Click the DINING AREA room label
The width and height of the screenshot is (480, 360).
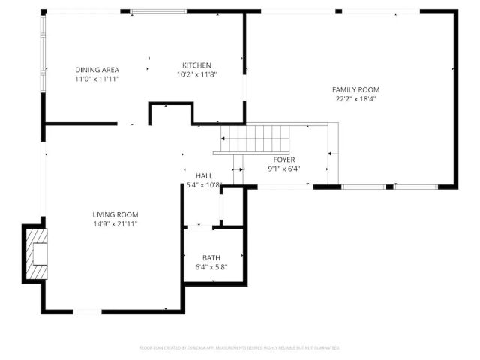pyautogui.click(x=97, y=70)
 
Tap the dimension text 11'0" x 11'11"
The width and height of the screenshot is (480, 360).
pyautogui.click(x=97, y=79)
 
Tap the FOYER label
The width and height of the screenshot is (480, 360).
pyautogui.click(x=283, y=160)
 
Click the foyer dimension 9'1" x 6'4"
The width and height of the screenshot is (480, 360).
pyautogui.click(x=283, y=169)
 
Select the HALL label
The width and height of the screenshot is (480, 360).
pyautogui.click(x=204, y=175)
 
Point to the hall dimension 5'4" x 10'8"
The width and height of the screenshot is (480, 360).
pyautogui.click(x=204, y=184)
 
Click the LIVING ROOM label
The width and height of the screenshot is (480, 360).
pyautogui.click(x=115, y=214)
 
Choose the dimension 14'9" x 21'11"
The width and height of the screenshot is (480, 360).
pyautogui.click(x=115, y=223)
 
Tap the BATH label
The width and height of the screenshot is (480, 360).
pyautogui.click(x=211, y=258)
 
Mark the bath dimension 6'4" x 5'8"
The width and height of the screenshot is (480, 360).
pyautogui.click(x=211, y=267)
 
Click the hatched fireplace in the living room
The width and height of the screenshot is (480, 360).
pyautogui.click(x=36, y=253)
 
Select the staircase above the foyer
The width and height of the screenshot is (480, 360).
pyautogui.click(x=254, y=139)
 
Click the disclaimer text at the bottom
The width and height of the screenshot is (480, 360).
pyautogui.click(x=240, y=348)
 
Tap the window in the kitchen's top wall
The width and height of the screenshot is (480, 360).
pyautogui.click(x=158, y=11)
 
